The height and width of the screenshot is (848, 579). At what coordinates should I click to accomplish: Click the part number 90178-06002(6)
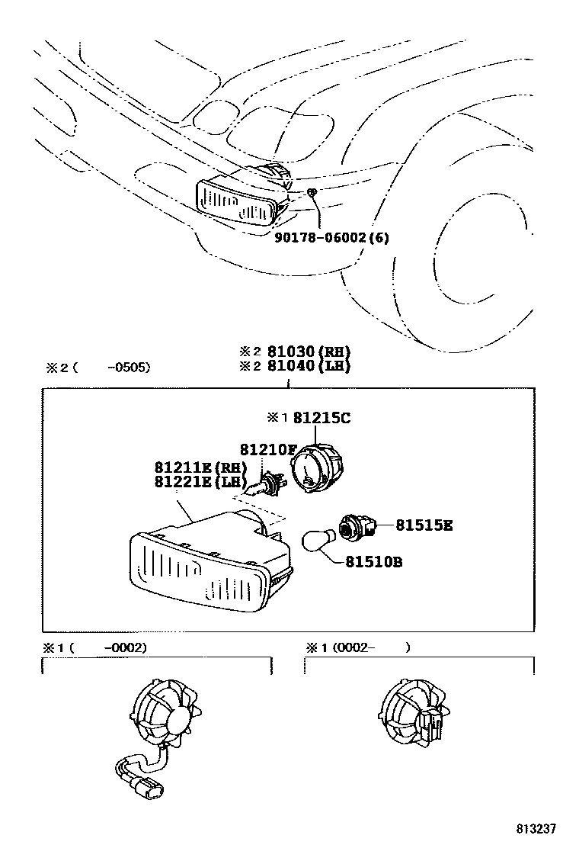tap(331, 237)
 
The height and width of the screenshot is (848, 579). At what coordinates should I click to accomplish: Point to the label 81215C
tap(321, 418)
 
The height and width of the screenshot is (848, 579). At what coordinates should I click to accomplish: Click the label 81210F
tap(267, 449)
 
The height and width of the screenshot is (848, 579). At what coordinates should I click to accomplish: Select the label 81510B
tap(373, 562)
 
